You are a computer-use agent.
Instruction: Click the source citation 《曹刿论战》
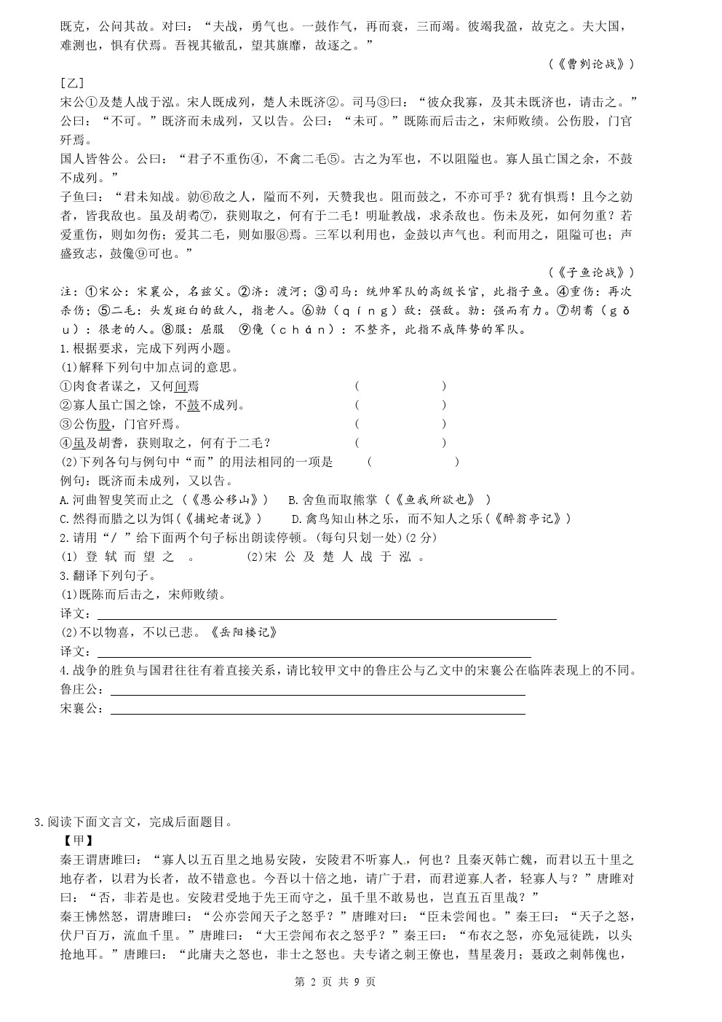point(592,64)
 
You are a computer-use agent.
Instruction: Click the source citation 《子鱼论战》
point(592,272)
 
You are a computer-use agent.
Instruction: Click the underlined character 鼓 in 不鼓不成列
point(193,405)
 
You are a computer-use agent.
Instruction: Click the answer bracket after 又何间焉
point(400,386)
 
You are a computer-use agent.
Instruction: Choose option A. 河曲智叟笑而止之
point(164,500)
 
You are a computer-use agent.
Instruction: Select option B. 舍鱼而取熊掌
point(389,500)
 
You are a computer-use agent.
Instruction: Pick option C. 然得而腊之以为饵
point(159,519)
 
